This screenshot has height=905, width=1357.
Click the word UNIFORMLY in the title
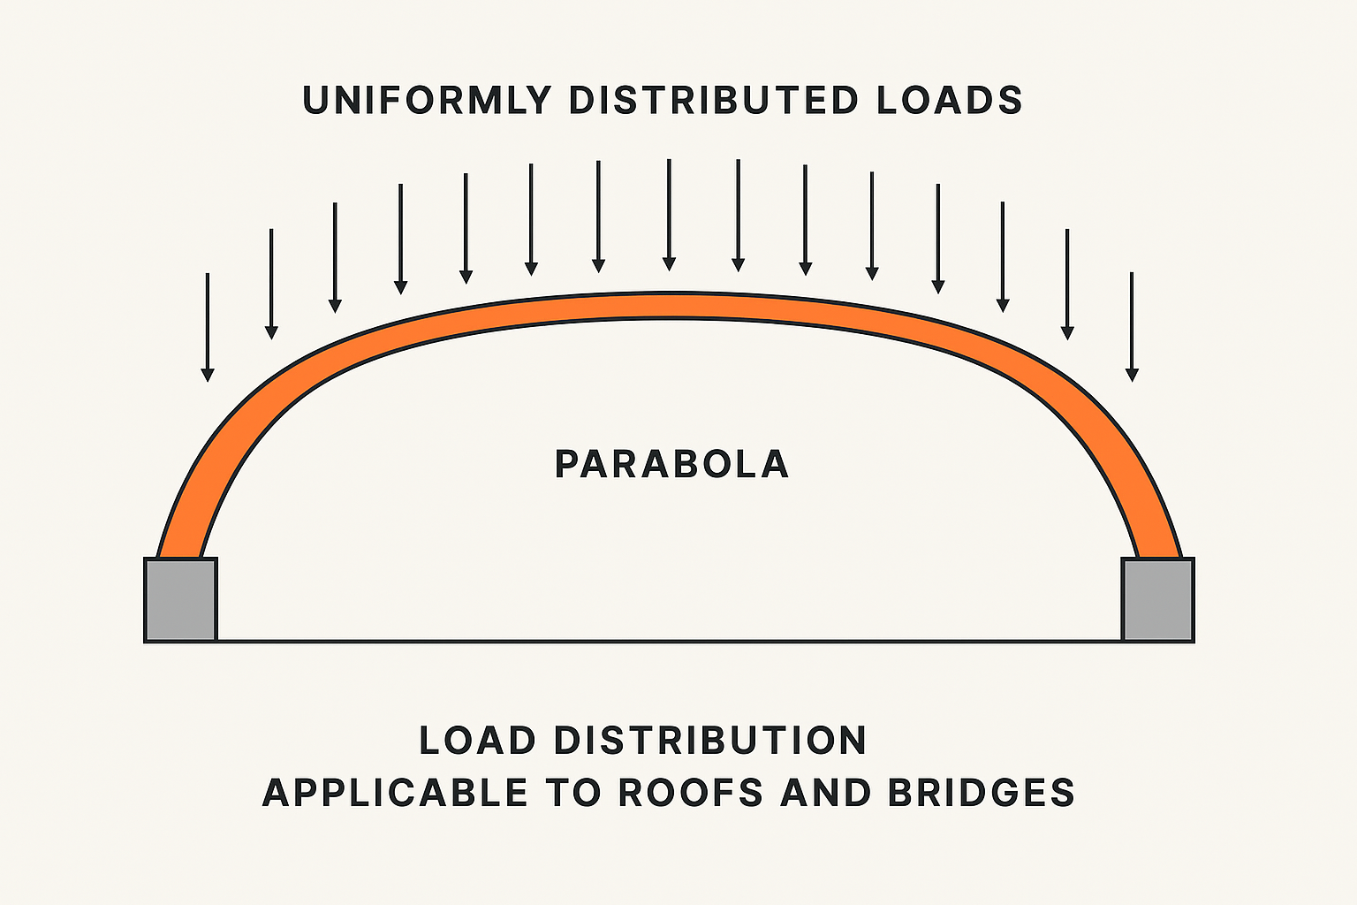click(x=427, y=101)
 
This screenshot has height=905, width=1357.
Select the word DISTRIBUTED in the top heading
click(x=714, y=101)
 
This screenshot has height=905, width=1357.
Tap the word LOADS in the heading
click(x=950, y=101)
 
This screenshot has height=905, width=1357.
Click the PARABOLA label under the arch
click(x=671, y=465)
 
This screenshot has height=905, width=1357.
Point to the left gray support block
click(x=180, y=599)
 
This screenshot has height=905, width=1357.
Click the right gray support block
click(x=1157, y=599)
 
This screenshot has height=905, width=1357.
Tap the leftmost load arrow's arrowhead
click(x=208, y=375)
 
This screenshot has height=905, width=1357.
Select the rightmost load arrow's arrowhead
click(x=1132, y=375)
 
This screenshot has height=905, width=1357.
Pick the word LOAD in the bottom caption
click(x=477, y=741)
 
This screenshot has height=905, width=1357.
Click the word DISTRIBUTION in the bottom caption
click(x=710, y=741)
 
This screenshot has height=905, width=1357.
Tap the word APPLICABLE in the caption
click(x=395, y=793)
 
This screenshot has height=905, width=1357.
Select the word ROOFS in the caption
click(x=690, y=793)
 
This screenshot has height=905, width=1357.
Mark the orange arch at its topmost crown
click(x=669, y=306)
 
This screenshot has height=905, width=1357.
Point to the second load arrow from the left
click(x=271, y=283)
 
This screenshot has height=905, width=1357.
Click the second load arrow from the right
click(x=1067, y=283)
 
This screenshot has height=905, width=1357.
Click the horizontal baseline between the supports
click(x=669, y=641)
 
